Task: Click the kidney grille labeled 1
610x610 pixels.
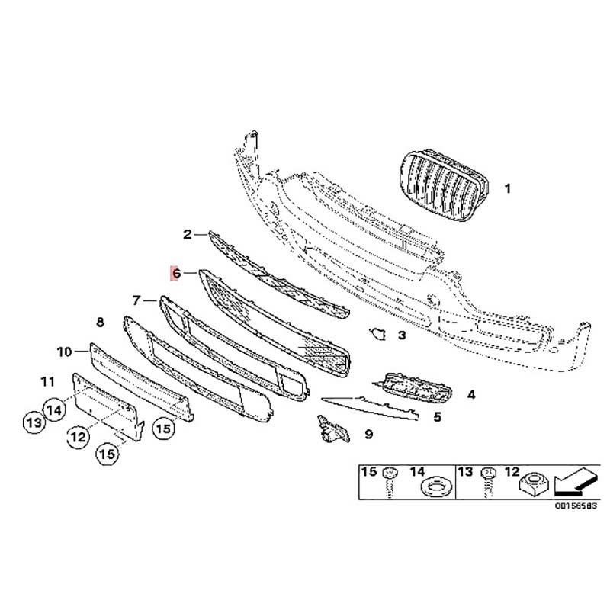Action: point(444,185)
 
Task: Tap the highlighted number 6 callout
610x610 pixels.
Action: point(176,274)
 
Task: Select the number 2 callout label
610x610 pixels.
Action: point(188,234)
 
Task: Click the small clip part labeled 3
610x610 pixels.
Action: point(377,333)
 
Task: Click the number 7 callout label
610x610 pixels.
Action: point(136,300)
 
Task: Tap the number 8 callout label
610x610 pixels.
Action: point(100,322)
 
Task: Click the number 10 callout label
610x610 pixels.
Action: point(65,352)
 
